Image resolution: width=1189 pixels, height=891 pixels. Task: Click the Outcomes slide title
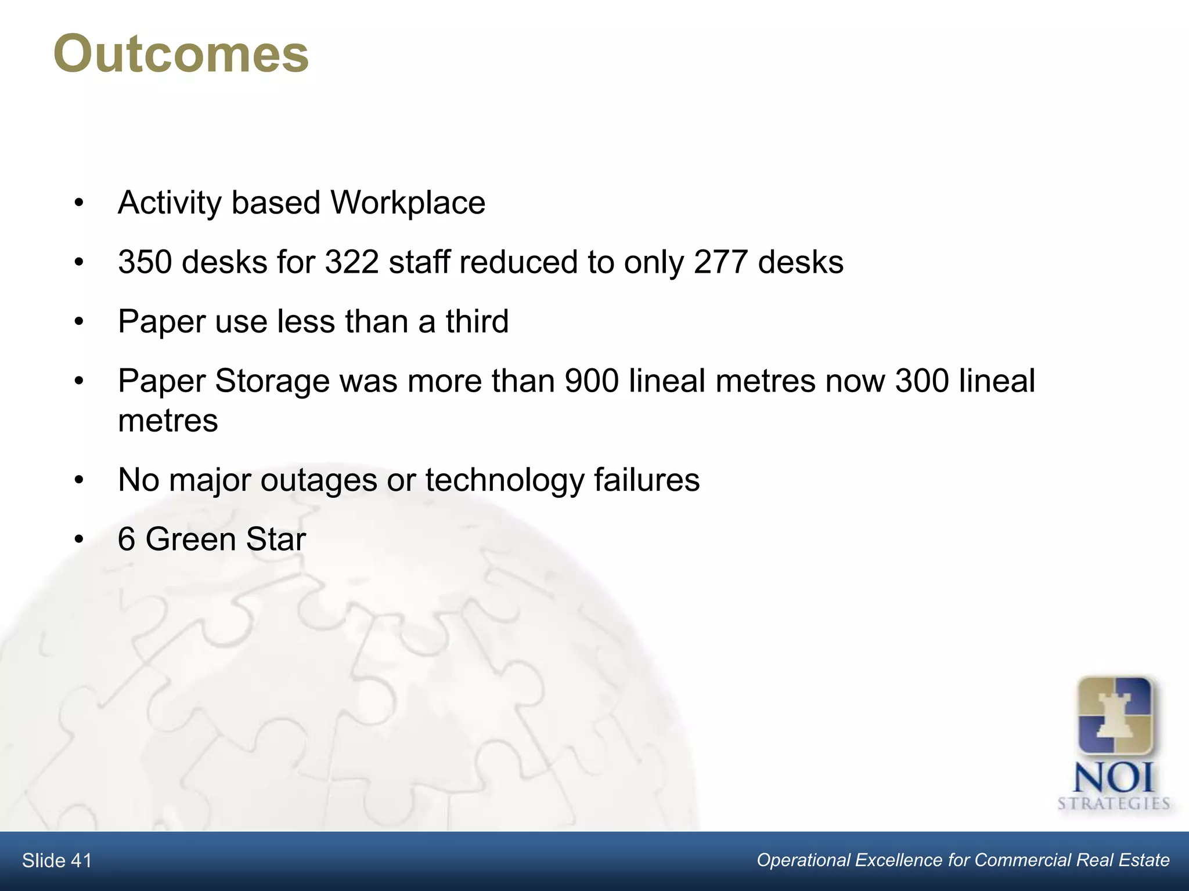tap(181, 55)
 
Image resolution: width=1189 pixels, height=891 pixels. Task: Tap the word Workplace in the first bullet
tap(408, 203)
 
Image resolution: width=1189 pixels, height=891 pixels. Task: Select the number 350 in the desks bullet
tap(145, 262)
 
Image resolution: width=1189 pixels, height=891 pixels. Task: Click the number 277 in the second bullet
tap(720, 262)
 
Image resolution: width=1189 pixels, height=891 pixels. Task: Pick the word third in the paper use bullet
tap(477, 321)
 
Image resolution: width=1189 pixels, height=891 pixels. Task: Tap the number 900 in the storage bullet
tap(592, 381)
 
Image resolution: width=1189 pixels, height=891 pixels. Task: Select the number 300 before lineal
tap(922, 381)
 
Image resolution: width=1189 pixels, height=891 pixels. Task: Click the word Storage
tap(272, 382)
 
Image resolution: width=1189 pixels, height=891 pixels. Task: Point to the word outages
tap(319, 481)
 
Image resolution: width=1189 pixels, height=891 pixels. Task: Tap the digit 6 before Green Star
tap(126, 539)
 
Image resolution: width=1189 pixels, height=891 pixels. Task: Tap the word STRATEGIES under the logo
tap(1113, 804)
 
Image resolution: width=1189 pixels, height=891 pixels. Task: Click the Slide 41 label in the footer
tap(57, 861)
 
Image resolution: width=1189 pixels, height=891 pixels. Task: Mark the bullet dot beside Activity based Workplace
tap(80, 204)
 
